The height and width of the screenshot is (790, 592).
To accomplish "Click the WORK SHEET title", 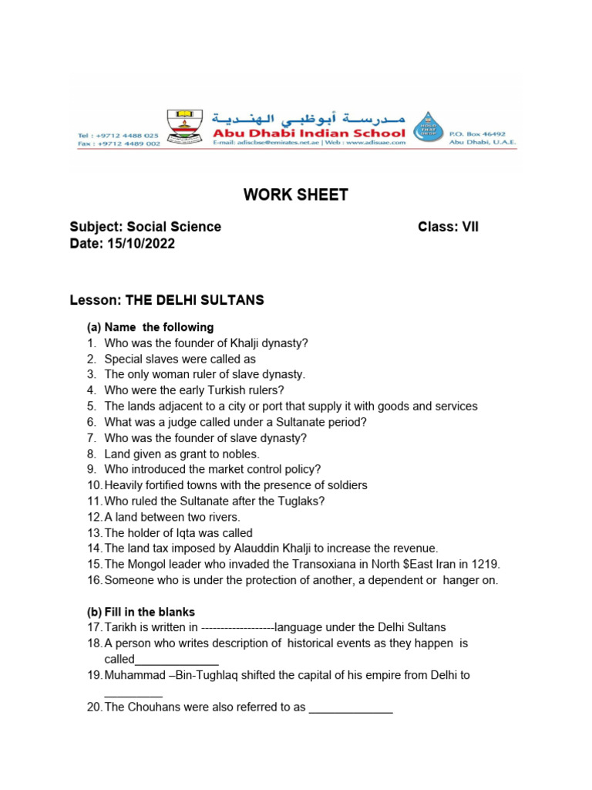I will (x=296, y=195).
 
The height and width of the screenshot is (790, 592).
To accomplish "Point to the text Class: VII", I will (x=448, y=227).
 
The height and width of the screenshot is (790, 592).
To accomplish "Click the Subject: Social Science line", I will (x=145, y=227).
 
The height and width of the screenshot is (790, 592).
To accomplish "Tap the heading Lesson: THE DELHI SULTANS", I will (x=166, y=300).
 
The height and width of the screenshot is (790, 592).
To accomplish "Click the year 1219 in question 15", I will (x=486, y=564).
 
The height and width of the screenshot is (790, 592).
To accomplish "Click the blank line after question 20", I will (x=351, y=708).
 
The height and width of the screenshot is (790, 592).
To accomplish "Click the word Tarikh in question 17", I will (x=120, y=627).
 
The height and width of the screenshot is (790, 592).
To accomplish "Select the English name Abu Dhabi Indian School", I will (x=308, y=133).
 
